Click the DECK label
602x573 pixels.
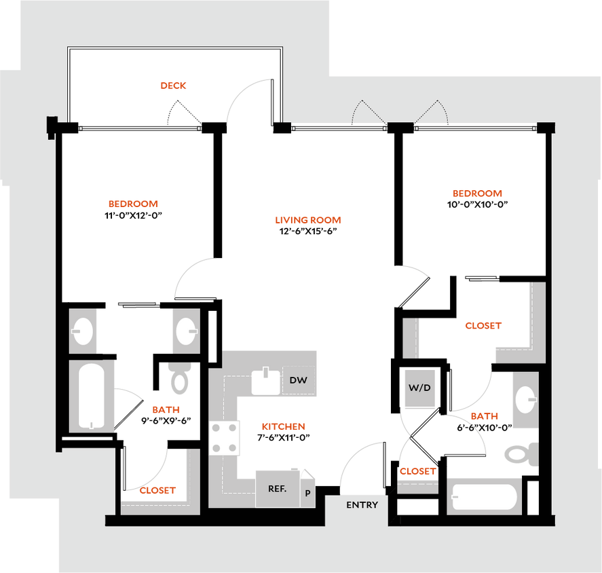pyautogui.click(x=174, y=86)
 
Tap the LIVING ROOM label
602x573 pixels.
pyautogui.click(x=309, y=221)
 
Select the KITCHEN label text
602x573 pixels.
pyautogui.click(x=284, y=427)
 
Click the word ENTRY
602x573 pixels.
pyautogui.click(x=362, y=505)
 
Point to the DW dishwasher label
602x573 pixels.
pyautogui.click(x=298, y=380)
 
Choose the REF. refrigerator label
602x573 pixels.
pyautogui.click(x=277, y=488)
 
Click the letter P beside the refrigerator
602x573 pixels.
pyautogui.click(x=307, y=494)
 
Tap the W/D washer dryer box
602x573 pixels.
pyautogui.click(x=418, y=389)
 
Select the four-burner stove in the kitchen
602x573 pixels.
pyautogui.click(x=224, y=438)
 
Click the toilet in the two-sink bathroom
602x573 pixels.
pyautogui.click(x=181, y=379)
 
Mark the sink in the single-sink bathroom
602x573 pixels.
pyautogui.click(x=525, y=400)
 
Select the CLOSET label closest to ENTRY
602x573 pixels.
pyautogui.click(x=417, y=470)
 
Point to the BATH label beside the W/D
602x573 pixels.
pyautogui.click(x=484, y=416)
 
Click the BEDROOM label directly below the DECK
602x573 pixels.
pyautogui.click(x=134, y=204)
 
